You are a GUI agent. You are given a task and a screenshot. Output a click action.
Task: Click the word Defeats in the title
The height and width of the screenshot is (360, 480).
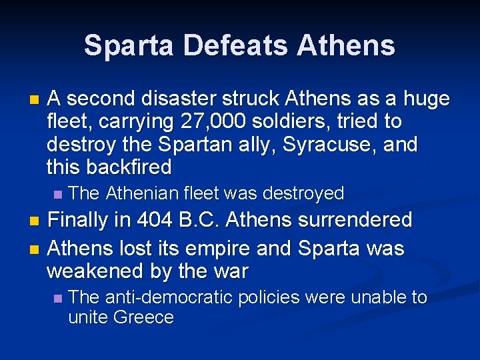point(237,45)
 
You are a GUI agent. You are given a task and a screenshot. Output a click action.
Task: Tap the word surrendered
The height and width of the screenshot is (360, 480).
point(351,219)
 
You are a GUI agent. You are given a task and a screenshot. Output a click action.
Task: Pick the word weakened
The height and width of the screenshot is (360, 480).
point(97,271)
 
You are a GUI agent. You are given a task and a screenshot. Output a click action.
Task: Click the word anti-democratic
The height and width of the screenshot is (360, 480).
point(177,297)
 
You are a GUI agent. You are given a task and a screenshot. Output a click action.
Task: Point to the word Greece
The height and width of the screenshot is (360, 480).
point(143,317)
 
